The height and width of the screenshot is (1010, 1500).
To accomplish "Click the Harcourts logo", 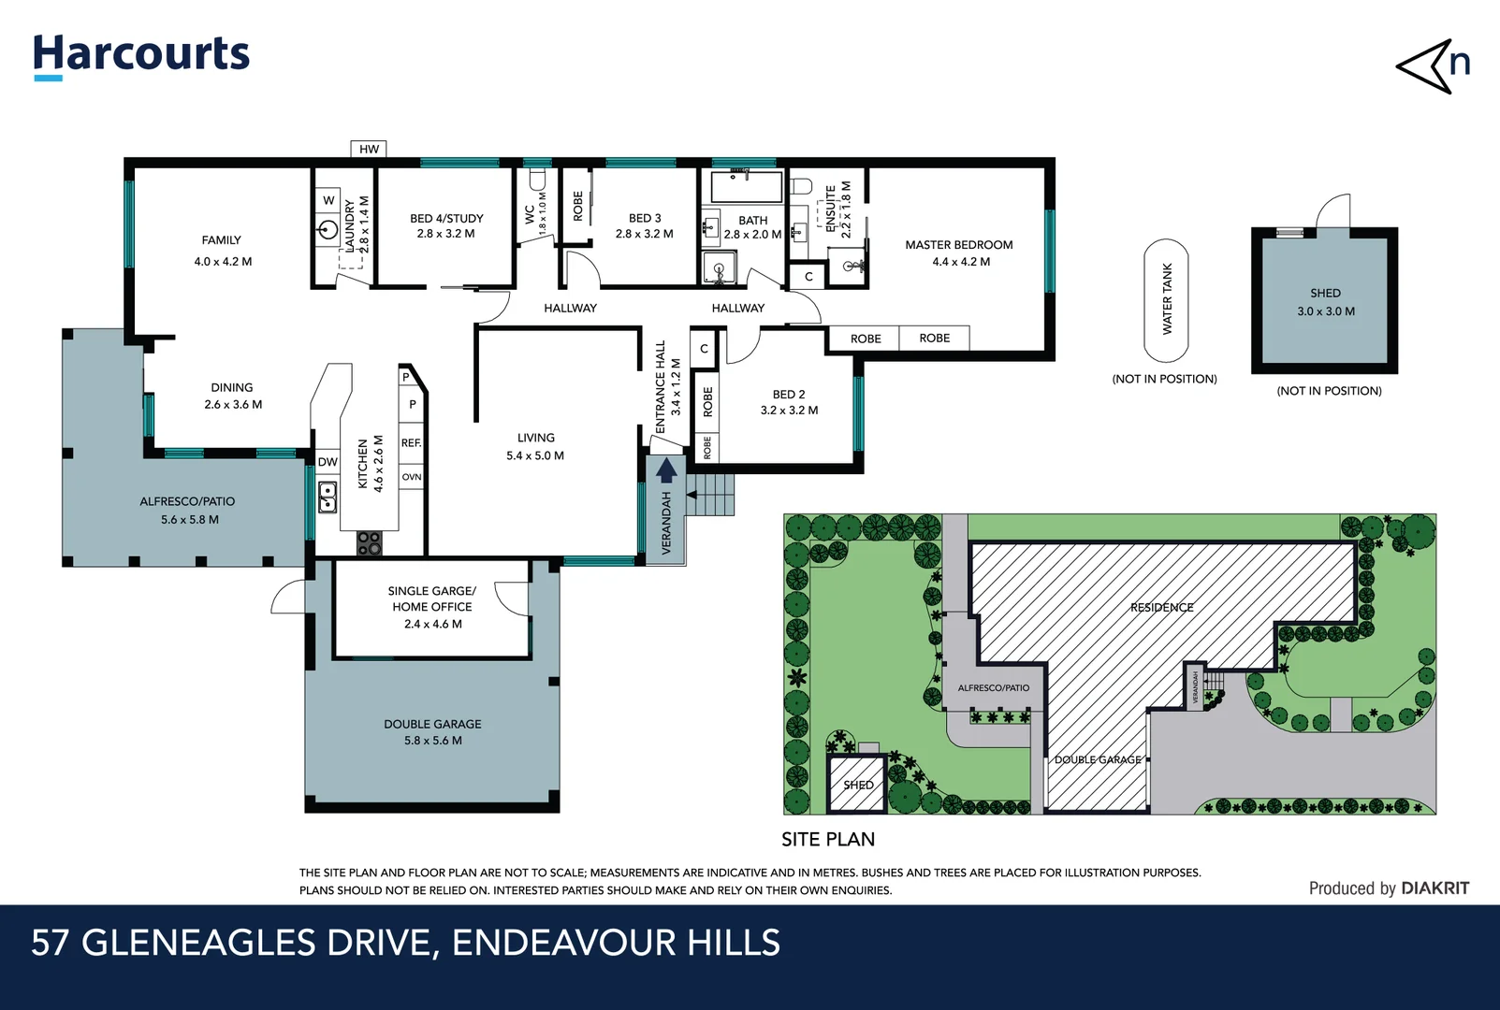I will coord(141,55).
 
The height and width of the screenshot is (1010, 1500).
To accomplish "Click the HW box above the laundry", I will coord(369,149).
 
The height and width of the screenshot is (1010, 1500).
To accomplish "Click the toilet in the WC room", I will coord(537,180).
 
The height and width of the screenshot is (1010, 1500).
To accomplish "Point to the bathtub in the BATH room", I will coord(746,187).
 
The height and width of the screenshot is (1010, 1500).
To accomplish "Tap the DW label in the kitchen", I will coord(328,462).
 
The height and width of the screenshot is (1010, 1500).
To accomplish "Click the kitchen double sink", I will coord(328,497).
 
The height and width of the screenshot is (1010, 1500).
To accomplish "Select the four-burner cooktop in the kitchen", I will coord(370,542).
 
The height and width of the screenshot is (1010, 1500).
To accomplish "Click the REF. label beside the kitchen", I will coord(411,443).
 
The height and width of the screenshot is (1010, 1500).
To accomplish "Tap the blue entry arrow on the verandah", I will coord(666,470).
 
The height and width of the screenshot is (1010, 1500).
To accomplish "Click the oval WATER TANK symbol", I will coord(1166,300).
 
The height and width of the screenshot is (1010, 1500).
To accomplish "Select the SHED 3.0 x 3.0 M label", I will coord(1325,302).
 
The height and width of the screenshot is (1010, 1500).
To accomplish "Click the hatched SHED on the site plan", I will coord(856,785).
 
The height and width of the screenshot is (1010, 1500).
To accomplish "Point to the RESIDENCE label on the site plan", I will coord(1161,608).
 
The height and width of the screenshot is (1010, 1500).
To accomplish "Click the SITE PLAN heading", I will coord(828,840).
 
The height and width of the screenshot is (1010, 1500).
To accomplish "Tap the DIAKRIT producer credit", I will coord(1434,888).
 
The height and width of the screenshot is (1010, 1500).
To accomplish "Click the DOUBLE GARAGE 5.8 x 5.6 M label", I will coord(432,731).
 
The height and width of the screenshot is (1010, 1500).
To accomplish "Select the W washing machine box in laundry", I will coord(328,200).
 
